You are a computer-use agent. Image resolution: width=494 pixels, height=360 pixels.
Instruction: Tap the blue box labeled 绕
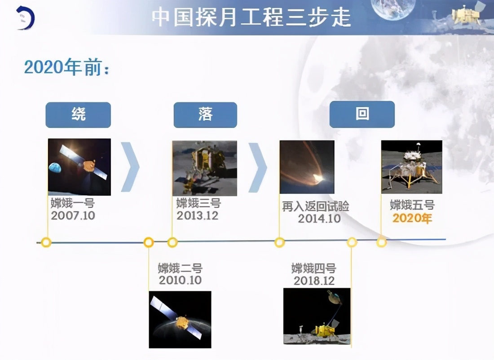[78, 115]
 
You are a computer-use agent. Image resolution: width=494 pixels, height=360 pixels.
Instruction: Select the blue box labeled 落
[205, 115]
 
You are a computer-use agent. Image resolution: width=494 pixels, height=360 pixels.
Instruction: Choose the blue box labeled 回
[362, 114]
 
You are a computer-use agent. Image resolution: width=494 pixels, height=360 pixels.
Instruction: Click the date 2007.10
[73, 215]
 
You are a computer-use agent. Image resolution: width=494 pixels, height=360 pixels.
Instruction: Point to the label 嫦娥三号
[198, 204]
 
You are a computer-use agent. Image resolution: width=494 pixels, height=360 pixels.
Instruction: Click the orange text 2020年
[412, 219]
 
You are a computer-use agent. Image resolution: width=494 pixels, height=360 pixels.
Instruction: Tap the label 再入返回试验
[315, 206]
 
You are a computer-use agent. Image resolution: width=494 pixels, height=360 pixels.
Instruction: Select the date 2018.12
[314, 281]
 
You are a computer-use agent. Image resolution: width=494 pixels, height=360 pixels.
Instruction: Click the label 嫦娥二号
[180, 268]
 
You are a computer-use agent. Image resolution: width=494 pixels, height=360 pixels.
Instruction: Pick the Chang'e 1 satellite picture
[79, 167]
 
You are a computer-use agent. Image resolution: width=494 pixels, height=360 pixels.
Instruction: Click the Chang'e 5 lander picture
[411, 167]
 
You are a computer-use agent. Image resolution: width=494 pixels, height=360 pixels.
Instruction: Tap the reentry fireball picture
[307, 167]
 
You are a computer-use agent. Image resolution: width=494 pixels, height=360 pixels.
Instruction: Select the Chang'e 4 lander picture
[317, 316]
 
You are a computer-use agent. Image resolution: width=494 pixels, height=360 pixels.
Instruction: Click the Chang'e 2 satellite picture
[180, 319]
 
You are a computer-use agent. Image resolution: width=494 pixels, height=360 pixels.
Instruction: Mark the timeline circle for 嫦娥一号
[46, 242]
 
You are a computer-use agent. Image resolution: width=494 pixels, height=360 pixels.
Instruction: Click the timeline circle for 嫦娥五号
[381, 242]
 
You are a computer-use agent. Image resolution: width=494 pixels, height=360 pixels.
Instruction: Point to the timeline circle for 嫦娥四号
[352, 242]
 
